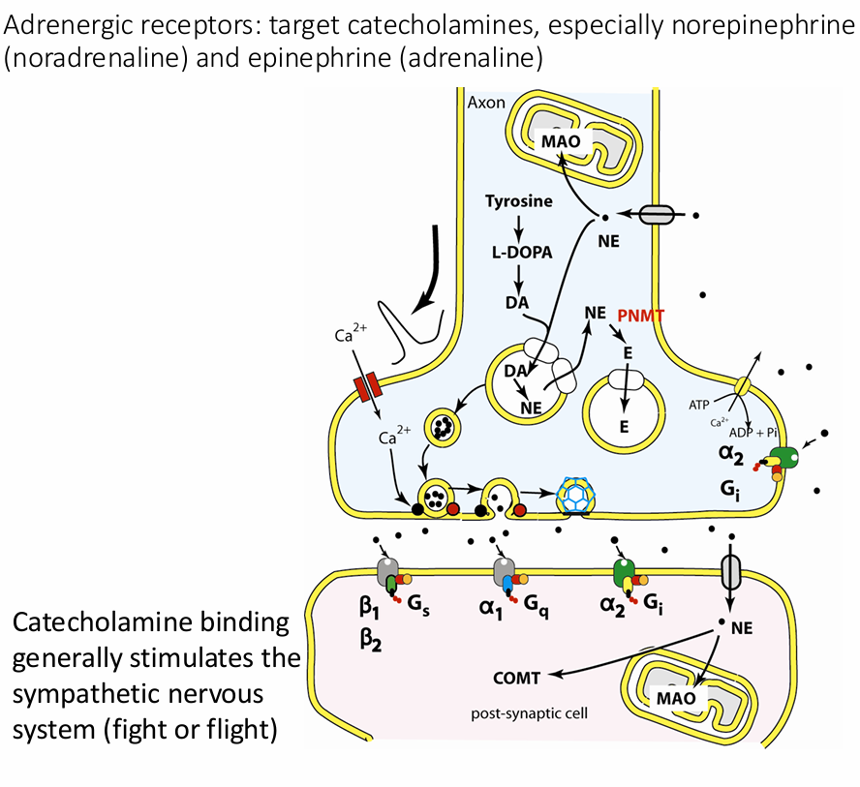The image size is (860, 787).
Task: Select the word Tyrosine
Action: pos(520,202)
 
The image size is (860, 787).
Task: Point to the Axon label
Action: pos(486,102)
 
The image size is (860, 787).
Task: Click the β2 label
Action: pos(367,640)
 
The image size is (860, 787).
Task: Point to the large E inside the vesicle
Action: pos(625,427)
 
